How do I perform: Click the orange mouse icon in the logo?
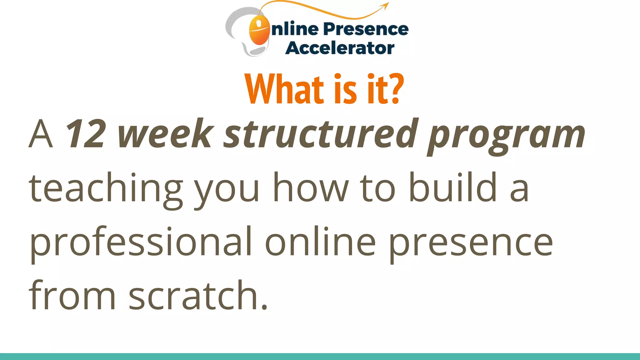click(x=259, y=30)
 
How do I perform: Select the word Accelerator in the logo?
click(x=340, y=48)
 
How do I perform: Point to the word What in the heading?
click(x=280, y=89)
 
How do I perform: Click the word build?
click(x=453, y=187)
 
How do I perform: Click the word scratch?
click(x=198, y=295)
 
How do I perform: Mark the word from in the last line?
click(x=72, y=295)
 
